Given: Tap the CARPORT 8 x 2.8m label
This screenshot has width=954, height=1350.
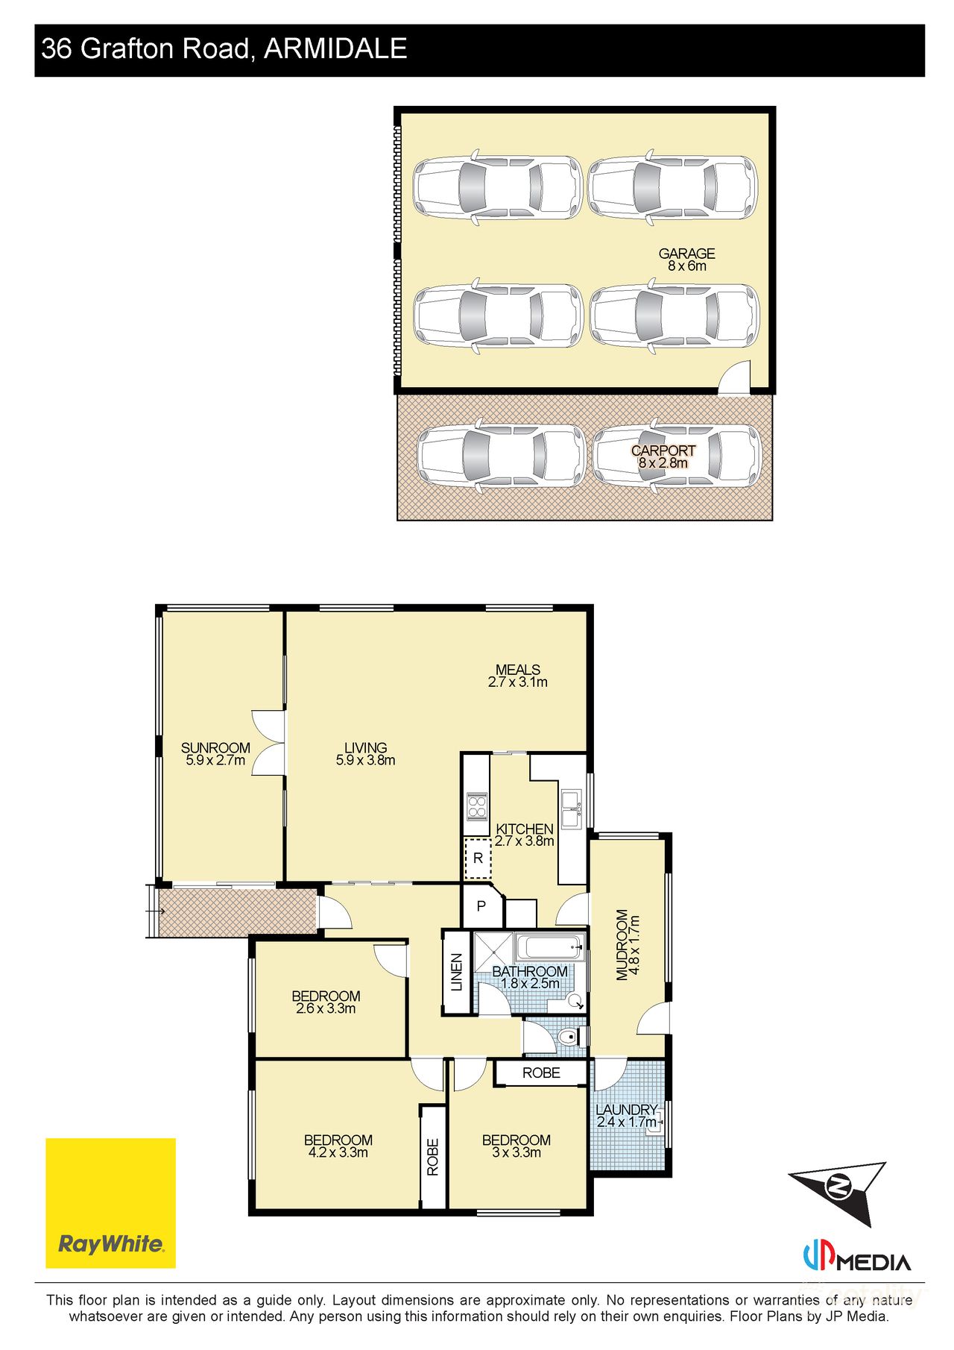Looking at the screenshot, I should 663,456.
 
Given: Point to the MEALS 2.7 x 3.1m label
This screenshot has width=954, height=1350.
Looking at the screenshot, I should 518,676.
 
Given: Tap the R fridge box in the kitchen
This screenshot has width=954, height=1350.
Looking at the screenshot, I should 478,858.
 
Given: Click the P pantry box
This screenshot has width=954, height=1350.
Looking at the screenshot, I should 481,907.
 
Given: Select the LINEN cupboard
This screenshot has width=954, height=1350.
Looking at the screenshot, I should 457,972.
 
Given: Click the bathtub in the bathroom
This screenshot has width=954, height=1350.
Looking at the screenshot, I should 549,948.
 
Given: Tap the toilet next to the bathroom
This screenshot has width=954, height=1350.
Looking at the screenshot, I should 569,1036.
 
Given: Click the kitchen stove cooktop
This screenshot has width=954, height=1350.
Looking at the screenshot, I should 476,806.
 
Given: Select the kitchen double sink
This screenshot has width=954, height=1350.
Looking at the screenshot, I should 572,808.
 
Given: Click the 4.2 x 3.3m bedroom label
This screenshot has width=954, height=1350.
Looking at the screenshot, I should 338,1146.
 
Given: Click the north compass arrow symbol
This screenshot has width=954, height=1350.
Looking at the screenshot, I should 839,1186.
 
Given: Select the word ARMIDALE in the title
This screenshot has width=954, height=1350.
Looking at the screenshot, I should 335,49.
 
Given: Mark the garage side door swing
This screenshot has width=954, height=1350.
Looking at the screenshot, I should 736,376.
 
